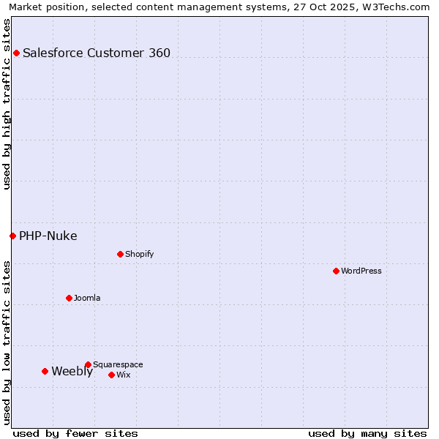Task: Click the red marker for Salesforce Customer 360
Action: point(16,53)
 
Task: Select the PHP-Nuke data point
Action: point(12,236)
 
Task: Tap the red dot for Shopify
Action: point(120,254)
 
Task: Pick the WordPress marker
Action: point(336,271)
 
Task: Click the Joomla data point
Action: point(69,298)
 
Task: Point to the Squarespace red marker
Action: point(88,364)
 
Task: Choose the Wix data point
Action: point(111,375)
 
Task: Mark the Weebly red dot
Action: point(45,371)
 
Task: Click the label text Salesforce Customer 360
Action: point(97,53)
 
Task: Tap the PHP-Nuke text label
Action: point(48,236)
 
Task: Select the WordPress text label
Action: point(361,271)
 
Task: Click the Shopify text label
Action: point(140,254)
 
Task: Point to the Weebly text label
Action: point(72,371)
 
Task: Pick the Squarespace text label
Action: point(118,364)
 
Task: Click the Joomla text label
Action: point(87,298)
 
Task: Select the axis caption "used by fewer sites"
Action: point(75,433)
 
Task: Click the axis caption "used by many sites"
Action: point(367,433)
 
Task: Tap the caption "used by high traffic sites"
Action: point(7,104)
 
